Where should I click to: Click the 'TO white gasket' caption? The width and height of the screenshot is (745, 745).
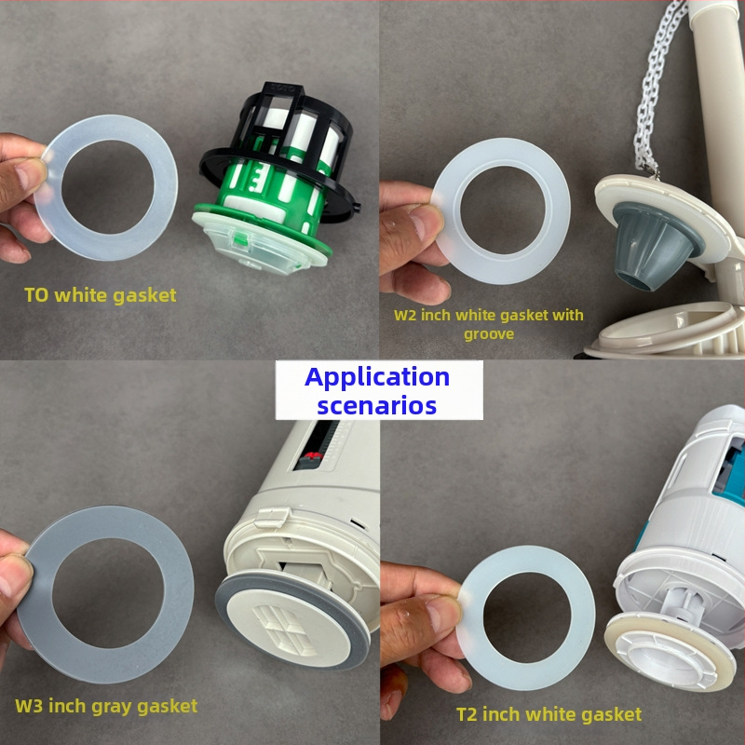pos(101,295)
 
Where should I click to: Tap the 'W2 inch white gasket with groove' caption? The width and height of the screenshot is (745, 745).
pos(489,324)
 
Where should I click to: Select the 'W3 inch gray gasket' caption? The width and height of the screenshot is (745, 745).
pos(106,706)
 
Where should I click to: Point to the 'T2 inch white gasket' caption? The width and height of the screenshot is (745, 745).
pos(549,714)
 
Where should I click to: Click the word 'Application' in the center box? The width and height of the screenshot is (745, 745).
pos(377,377)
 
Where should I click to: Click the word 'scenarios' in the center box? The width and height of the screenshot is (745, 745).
pos(377,405)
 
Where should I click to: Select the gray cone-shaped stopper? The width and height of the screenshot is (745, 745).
pos(654,245)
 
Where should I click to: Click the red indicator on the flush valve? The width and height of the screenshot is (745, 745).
pos(311,457)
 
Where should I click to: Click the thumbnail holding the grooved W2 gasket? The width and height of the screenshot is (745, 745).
pos(427,223)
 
